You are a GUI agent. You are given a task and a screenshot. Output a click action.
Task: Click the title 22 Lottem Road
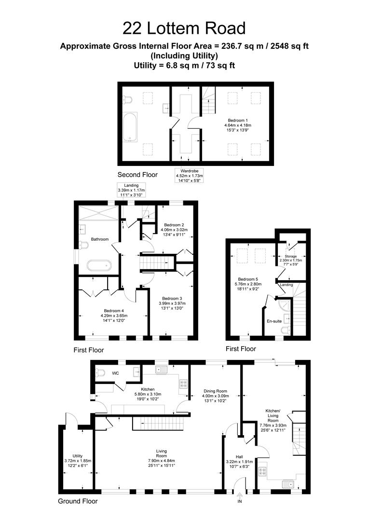pos(184,28)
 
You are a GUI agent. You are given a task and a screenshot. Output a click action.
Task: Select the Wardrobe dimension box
pos(190,176)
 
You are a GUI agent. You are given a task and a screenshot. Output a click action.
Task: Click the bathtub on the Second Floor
pos(130,127)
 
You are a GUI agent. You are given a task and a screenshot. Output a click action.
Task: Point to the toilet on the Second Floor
pos(127,99)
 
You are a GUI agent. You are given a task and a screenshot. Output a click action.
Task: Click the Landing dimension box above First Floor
pos(131,190)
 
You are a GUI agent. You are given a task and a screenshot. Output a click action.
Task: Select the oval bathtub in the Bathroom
pos(99,265)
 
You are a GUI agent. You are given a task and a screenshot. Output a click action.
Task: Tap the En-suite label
pos(274,321)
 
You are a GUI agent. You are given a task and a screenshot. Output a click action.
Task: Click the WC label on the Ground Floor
pos(115,373)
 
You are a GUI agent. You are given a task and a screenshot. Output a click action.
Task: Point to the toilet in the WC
pos(100,372)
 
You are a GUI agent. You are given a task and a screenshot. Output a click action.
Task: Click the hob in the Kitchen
pos(183,384)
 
